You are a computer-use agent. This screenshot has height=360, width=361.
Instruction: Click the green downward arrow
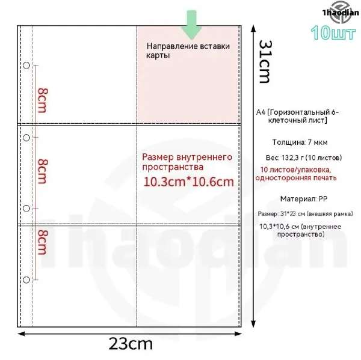pyautogui.click(x=191, y=25)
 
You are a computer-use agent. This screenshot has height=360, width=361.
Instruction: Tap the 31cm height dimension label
pyautogui.click(x=266, y=62)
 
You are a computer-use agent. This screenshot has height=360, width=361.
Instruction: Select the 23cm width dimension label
pyautogui.click(x=131, y=344)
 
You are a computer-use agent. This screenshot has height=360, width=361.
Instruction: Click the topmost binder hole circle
pyautogui.click(x=26, y=66)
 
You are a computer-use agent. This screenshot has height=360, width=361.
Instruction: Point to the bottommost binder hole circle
pyautogui.click(x=26, y=280)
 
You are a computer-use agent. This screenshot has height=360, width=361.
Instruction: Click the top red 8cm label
pyautogui.click(x=43, y=100)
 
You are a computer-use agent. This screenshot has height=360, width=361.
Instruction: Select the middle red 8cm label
pyautogui.click(x=43, y=171)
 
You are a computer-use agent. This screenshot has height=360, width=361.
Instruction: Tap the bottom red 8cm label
pyautogui.click(x=43, y=242)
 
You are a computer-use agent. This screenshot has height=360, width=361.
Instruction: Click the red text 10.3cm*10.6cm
pyautogui.click(x=188, y=182)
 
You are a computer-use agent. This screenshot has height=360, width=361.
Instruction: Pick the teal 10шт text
pyautogui.click(x=333, y=32)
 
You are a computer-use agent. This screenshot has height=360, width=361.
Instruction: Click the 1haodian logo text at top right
pyautogui.click(x=341, y=13)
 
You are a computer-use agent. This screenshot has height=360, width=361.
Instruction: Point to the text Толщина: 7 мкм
pyautogui.click(x=300, y=142)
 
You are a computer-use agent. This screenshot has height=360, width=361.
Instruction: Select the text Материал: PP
pyautogui.click(x=304, y=199)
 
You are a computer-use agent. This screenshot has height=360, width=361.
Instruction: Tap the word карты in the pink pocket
pyautogui.click(x=158, y=55)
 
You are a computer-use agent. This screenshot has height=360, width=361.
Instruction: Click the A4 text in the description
pyautogui.click(x=261, y=112)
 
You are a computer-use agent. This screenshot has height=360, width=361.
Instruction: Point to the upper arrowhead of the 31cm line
pyautogui.click(x=253, y=28)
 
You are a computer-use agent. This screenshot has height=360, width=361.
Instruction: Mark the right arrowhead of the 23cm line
pyautogui.click(x=238, y=334)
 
